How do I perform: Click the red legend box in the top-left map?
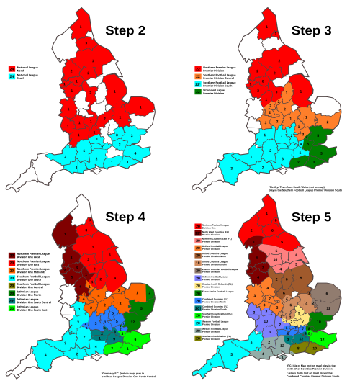click(12, 69)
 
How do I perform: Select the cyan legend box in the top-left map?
click(12, 76)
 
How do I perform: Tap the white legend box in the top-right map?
click(198, 99)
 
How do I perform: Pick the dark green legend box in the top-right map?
click(198, 91)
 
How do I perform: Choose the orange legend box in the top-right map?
click(198, 76)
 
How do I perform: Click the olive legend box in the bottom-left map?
click(12, 285)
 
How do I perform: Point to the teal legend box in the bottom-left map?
click(12, 300)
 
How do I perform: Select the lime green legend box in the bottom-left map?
click(12, 308)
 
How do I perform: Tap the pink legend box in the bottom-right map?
click(198, 241)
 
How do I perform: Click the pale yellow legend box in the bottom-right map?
click(198, 286)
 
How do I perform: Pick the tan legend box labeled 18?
click(198, 263)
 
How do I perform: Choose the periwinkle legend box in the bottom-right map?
click(198, 278)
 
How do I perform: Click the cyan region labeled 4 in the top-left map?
click(134, 153)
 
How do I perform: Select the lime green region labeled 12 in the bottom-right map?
click(321, 339)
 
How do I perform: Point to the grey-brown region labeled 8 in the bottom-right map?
click(326, 294)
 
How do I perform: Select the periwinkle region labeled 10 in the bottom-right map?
click(266, 320)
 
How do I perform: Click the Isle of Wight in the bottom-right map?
click(283, 357)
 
